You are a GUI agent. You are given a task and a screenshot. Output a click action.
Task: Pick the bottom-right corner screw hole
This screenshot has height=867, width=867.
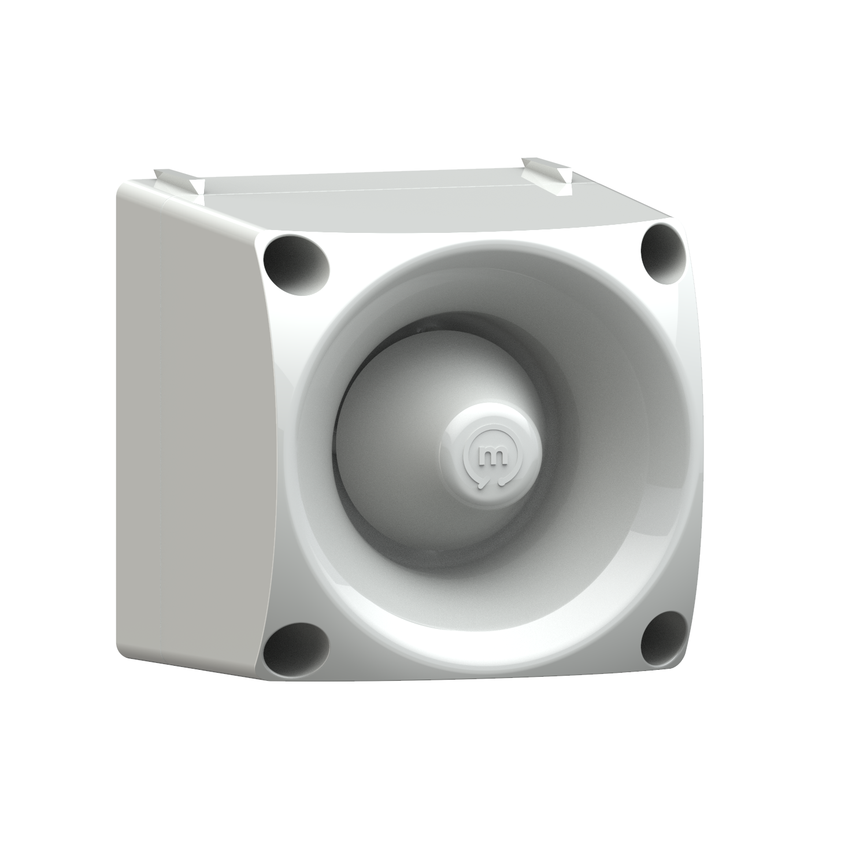663,638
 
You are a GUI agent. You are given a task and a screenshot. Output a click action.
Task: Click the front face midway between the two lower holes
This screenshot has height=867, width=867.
480,670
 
